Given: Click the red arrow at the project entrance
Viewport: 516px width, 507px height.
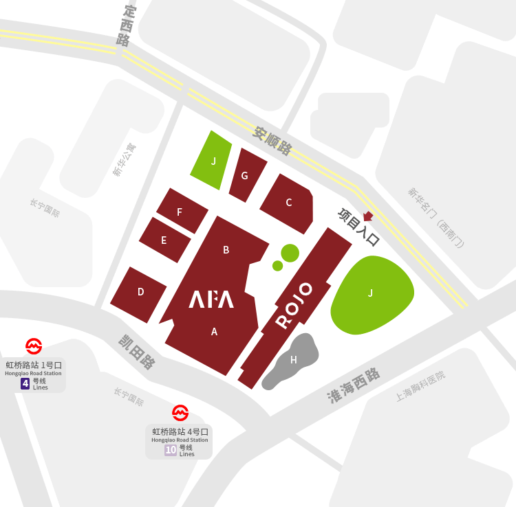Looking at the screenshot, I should coord(368,216).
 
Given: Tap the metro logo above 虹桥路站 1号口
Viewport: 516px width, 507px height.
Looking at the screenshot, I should coord(34,345).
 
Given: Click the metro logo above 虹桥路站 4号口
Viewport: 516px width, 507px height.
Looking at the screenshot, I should coord(180,412).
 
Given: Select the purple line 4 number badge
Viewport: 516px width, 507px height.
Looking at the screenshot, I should coord(25,383).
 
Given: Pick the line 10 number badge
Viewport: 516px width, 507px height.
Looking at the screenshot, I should coord(171,450).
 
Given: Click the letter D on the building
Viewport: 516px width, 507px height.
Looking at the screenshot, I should coord(140,292).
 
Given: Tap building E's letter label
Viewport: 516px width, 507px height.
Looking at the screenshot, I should coord(164,240).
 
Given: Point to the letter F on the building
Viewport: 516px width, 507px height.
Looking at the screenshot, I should coord(180,212).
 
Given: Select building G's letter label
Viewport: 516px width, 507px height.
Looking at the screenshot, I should coord(244,175).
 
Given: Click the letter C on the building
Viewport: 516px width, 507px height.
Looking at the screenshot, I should coord(289,202).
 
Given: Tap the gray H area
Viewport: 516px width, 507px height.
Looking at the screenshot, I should coord(294,359).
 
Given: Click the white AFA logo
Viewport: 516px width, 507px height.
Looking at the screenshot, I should coord(212,300).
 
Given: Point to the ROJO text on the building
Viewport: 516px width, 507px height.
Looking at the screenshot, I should coord(294,304).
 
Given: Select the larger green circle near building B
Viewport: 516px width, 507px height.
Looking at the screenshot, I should coord(290,252).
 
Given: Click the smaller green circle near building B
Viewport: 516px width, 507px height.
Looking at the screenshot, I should coord(277,266).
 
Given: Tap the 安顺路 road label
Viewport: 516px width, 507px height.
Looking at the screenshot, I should coord(272,140).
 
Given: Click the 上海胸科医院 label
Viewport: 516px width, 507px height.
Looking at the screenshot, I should coord(420,386).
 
